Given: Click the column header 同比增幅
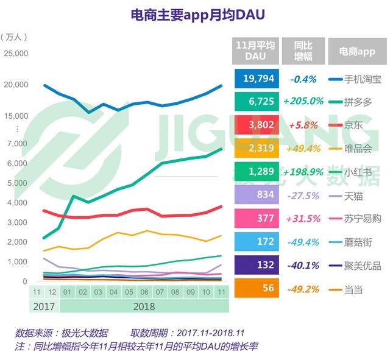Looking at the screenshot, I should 303,51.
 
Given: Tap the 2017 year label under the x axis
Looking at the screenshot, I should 43,306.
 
